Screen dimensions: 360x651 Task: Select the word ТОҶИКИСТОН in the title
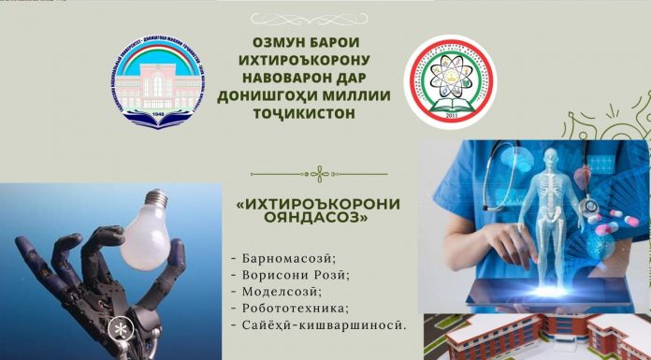pos(300,115)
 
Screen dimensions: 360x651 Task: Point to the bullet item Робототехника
pos(287,308)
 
